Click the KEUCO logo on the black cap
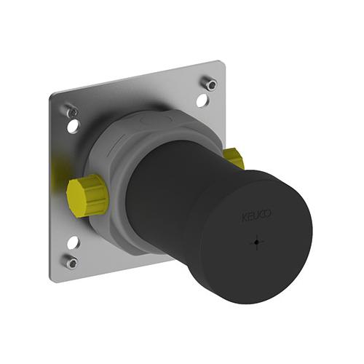[256, 215]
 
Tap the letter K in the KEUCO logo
[244, 218]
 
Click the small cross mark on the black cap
[257, 242]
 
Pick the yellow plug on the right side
[232, 159]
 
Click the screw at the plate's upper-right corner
[210, 84]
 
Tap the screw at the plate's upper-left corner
[72, 111]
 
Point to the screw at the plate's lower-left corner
[71, 262]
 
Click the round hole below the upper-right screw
[202, 100]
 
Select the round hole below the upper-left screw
[74, 126]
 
